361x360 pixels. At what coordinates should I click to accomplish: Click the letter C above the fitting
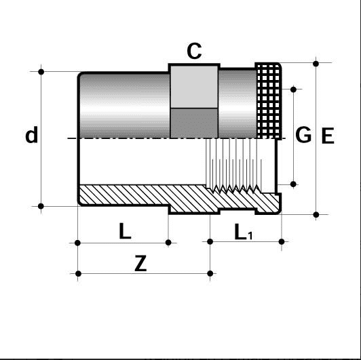coord(194,52)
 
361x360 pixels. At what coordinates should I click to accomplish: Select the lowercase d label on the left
coord(31,136)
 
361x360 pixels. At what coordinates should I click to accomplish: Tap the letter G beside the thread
coord(303,135)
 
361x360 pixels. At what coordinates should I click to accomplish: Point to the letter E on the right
coord(328,136)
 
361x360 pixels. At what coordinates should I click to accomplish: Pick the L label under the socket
coord(125,232)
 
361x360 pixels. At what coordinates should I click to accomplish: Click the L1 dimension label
coord(243,233)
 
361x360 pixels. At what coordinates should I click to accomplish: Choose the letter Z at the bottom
coord(140,264)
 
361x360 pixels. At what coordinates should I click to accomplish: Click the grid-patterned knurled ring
coord(268,98)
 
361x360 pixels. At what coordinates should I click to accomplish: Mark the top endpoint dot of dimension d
coord(41,71)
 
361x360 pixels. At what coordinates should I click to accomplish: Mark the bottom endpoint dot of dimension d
coord(41,205)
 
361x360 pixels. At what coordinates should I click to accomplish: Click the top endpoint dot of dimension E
coord(316,62)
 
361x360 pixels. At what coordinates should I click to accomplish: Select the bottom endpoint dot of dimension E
coord(316,215)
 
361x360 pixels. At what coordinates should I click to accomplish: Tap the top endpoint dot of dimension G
coord(293,88)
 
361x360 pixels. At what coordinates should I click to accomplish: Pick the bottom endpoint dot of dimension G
coord(293,184)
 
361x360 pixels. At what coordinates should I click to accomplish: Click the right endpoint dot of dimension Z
coord(210,274)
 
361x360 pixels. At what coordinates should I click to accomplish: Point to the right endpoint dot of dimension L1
coord(281,242)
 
